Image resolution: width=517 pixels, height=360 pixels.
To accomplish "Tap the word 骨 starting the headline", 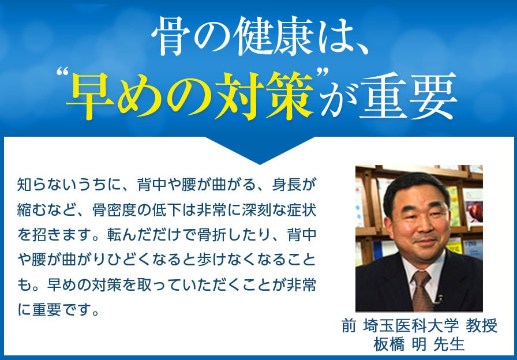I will [x=169, y=39].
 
